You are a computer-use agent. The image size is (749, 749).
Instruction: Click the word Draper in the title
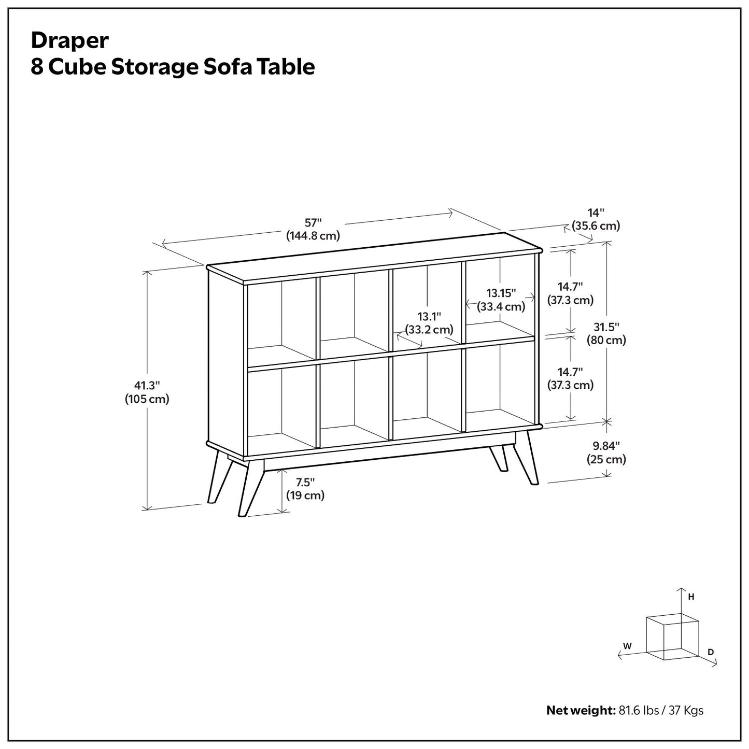(x=69, y=40)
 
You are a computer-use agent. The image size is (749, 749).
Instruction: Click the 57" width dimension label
(x=313, y=229)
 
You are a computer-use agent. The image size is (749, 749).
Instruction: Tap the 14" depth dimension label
(x=596, y=219)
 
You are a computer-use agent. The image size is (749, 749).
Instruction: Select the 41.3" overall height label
(x=147, y=392)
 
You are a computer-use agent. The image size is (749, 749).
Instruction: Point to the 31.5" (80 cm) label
(x=606, y=334)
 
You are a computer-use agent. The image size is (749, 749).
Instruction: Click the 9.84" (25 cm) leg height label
(x=606, y=453)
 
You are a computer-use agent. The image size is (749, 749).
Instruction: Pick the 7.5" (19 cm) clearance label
(x=305, y=489)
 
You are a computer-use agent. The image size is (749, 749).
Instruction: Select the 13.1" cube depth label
(x=429, y=323)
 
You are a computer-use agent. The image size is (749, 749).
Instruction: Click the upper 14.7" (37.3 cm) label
(x=570, y=293)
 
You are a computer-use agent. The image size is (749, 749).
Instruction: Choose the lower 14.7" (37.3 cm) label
(x=570, y=378)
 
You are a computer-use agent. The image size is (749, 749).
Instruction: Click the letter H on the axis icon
(x=691, y=597)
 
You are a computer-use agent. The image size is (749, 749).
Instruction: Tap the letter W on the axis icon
(x=627, y=646)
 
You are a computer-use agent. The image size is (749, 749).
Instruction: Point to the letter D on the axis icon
(x=711, y=652)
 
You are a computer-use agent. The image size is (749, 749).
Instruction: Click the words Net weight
(x=581, y=710)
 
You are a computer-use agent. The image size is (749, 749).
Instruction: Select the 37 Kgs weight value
(x=686, y=710)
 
